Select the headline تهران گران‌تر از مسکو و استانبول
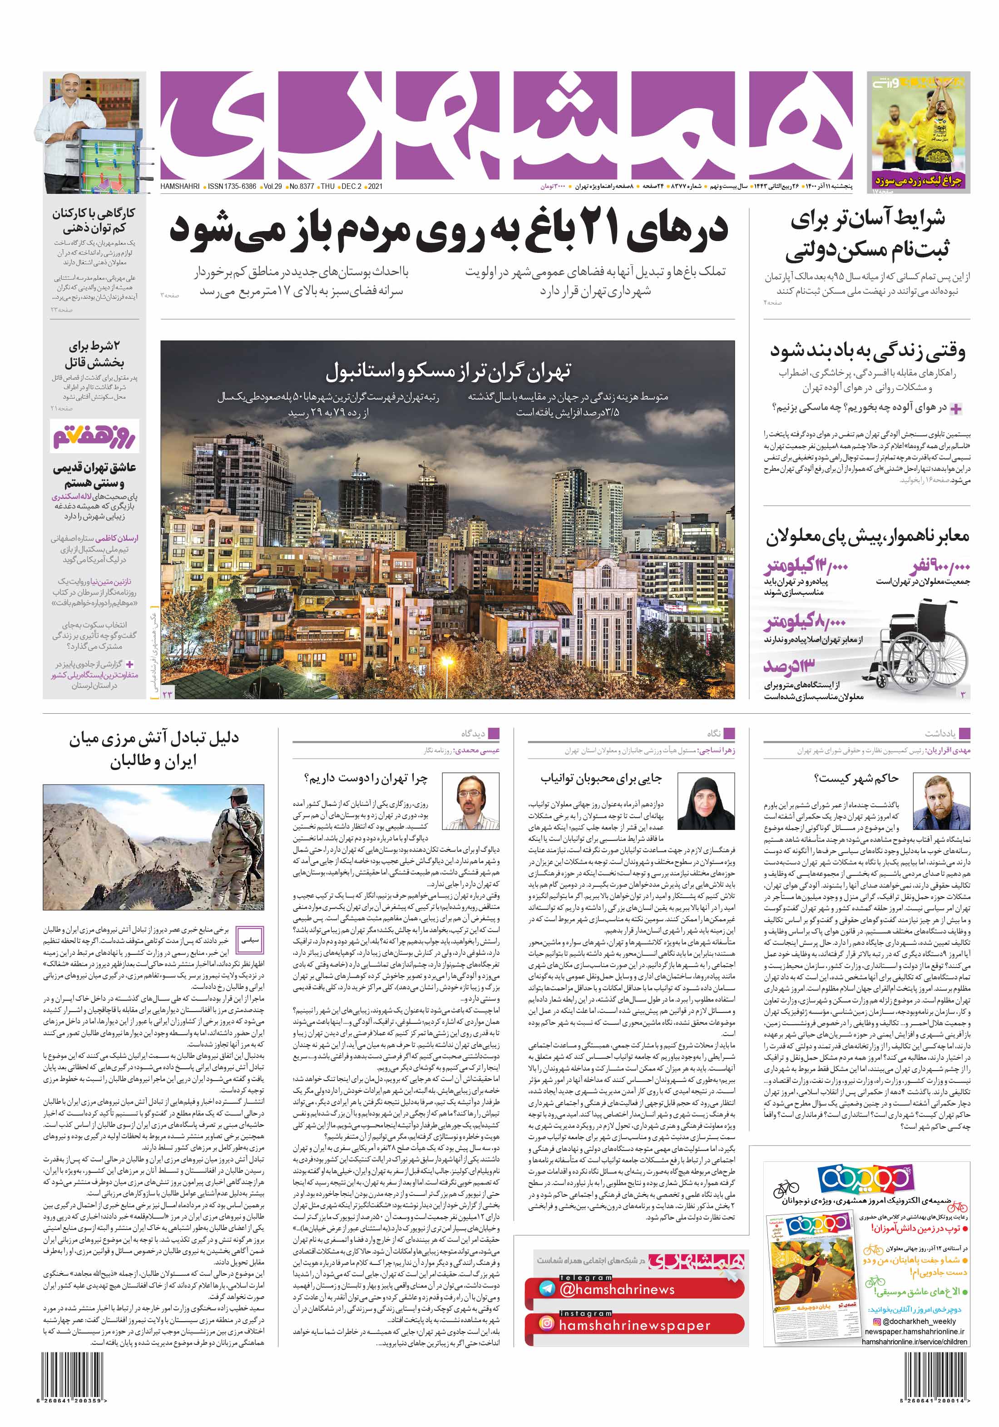point(448,372)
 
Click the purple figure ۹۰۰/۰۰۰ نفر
point(940,566)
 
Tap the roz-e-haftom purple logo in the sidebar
point(94,436)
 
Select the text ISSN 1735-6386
point(232,187)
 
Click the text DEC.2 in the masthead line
point(351,187)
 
